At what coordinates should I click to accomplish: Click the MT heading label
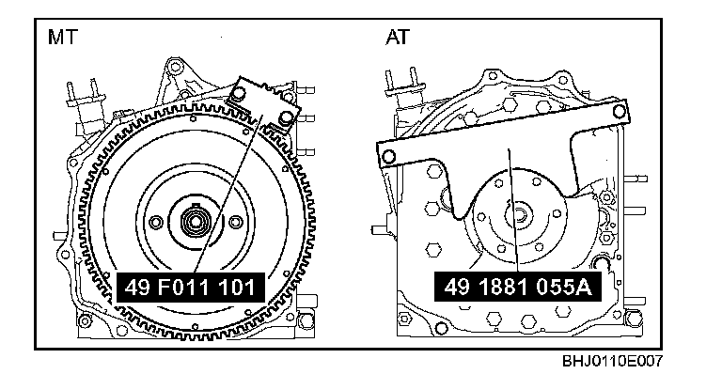pyautogui.click(x=63, y=37)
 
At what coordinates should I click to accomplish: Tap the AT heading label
pyautogui.click(x=398, y=37)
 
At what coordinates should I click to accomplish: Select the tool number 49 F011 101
pyautogui.click(x=190, y=288)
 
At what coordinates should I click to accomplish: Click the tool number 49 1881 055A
pyautogui.click(x=517, y=287)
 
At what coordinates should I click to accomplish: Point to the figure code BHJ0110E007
pyautogui.click(x=612, y=361)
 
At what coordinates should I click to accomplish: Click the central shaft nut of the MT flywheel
pyautogui.click(x=195, y=222)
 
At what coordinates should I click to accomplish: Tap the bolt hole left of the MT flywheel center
pyautogui.click(x=156, y=222)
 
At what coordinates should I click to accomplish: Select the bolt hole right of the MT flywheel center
pyautogui.click(x=235, y=222)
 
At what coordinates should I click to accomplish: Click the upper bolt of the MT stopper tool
pyautogui.click(x=238, y=95)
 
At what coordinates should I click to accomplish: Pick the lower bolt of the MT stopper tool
pyautogui.click(x=286, y=119)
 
